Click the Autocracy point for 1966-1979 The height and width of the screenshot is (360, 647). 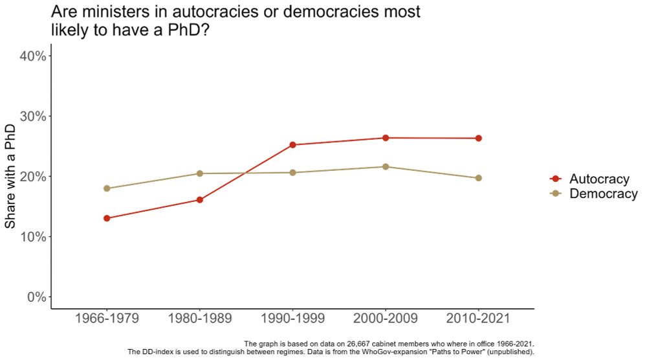(x=106, y=218)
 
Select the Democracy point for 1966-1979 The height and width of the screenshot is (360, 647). (x=106, y=188)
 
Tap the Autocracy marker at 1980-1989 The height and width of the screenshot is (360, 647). (x=199, y=199)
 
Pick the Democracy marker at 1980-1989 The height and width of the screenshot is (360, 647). (x=199, y=174)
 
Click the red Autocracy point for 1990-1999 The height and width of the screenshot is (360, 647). (x=292, y=145)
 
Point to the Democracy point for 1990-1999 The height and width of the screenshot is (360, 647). (x=292, y=172)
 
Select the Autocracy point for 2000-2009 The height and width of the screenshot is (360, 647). (x=386, y=138)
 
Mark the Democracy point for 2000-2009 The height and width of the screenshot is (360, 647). (x=386, y=166)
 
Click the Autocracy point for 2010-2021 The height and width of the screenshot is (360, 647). (x=478, y=138)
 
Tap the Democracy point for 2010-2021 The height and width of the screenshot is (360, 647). (x=478, y=178)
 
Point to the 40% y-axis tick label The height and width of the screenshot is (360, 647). (x=32, y=56)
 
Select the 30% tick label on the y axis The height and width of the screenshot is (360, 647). (x=32, y=117)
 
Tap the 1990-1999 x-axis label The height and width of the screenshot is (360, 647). (x=292, y=319)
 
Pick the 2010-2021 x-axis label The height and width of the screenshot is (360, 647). (x=478, y=319)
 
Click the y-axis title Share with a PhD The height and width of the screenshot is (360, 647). (x=10, y=176)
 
